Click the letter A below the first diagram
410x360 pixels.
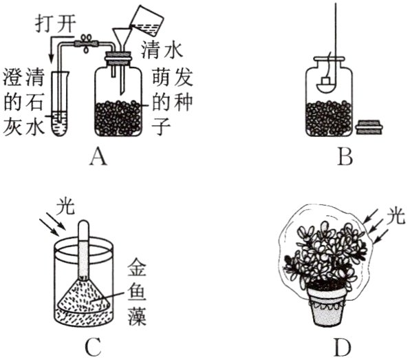pos(98,157)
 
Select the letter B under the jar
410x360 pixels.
pos(345,157)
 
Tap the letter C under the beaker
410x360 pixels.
pos(94,347)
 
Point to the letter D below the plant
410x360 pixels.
pos(343,348)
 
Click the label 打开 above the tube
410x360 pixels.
pos(56,24)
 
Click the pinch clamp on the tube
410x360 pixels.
pos(86,43)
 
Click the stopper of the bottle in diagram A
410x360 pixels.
pos(118,60)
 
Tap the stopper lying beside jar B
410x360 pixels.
pos(369,127)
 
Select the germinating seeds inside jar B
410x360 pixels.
pos(330,117)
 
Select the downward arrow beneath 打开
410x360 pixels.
pos(51,48)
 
